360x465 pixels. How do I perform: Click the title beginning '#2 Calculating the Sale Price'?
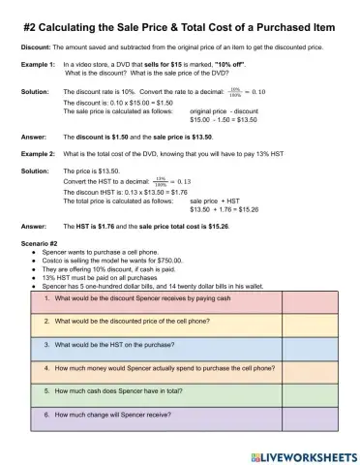pyautogui.click(x=180, y=25)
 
